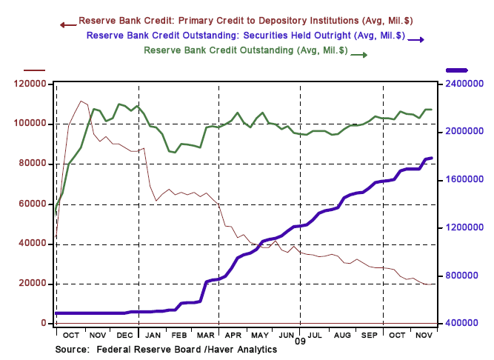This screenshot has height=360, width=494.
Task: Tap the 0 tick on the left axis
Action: coord(44,324)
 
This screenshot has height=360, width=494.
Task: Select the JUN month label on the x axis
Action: coord(287,336)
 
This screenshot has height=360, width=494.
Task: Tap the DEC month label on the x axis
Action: coord(123,336)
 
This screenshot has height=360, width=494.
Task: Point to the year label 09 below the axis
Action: coord(300,342)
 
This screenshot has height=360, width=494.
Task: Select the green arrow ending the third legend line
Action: coord(360,53)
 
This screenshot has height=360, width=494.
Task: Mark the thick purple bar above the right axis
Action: coord(458,70)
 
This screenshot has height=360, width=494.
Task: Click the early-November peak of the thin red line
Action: coord(81,101)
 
